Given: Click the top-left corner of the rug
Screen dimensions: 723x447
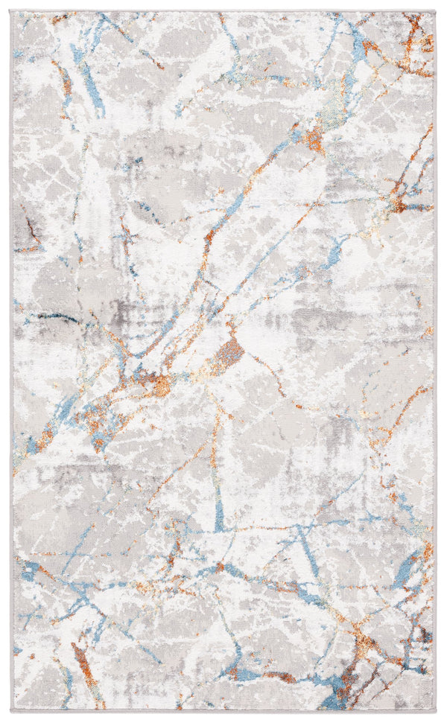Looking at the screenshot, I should [x=12, y=11].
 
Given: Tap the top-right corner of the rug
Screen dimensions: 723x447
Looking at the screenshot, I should [x=436, y=11].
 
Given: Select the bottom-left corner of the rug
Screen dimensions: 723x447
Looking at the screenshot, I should [x=12, y=712].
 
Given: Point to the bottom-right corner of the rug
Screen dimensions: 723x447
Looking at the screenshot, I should [x=436, y=712].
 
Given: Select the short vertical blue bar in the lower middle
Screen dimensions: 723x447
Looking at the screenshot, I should [x=218, y=514].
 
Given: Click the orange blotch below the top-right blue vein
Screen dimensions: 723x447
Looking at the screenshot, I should [x=316, y=138].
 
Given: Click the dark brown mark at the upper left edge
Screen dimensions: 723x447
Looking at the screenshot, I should [x=30, y=231].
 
